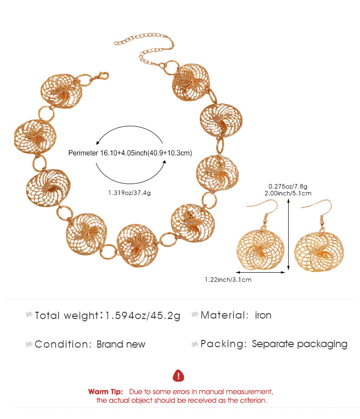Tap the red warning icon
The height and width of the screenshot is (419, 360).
pyautogui.click(x=179, y=375)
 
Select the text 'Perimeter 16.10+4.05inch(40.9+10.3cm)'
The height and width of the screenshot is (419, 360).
pyautogui.click(x=129, y=153)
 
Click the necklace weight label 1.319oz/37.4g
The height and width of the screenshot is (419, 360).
pyautogui.click(x=129, y=193)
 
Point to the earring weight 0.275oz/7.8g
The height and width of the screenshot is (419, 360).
pyautogui.click(x=288, y=186)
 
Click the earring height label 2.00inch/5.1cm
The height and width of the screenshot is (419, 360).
pyautogui.click(x=288, y=193)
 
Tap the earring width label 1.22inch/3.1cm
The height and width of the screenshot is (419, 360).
pyautogui.click(x=228, y=279)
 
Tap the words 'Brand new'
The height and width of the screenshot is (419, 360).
pyautogui.click(x=121, y=344)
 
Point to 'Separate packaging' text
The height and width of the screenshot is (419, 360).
pyautogui.click(x=300, y=344)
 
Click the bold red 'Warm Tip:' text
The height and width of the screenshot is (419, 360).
pyautogui.click(x=105, y=391)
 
